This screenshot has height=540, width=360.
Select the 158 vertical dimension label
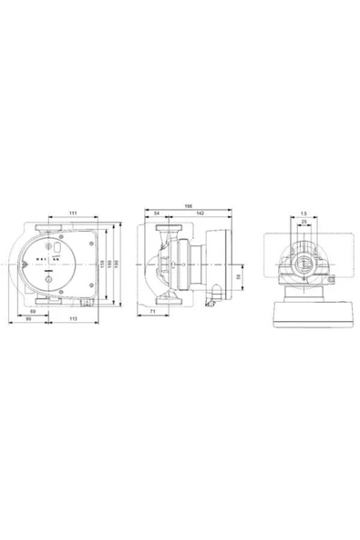103,264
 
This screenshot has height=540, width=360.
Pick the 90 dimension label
28,320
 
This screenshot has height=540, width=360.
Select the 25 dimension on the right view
303,222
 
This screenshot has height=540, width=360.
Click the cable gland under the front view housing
85,304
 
